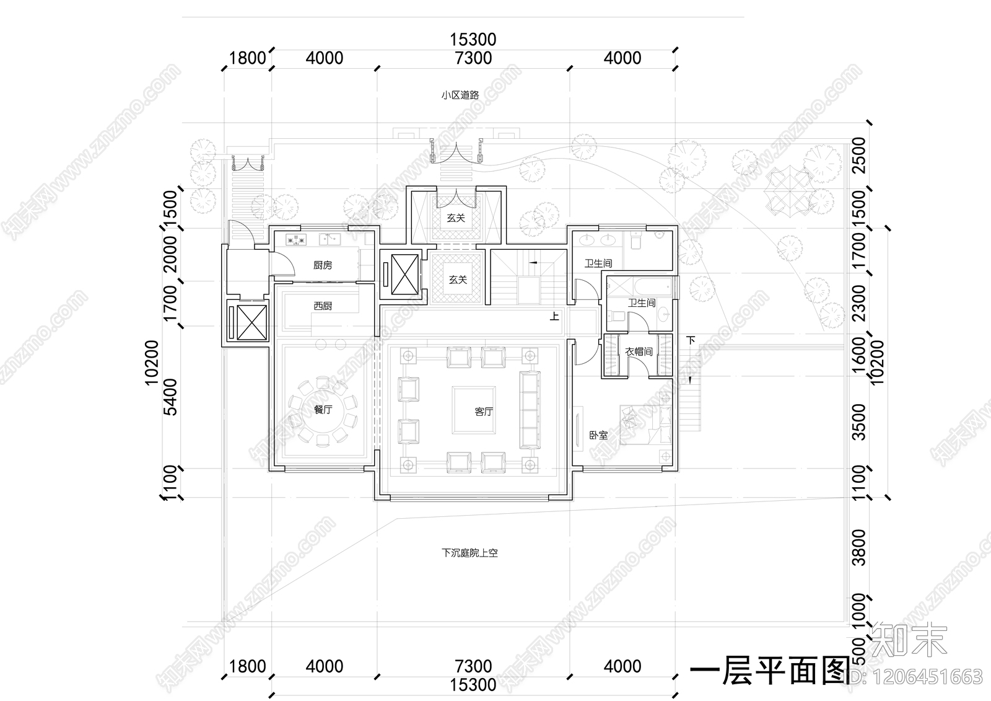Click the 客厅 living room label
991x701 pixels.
pos(484,412)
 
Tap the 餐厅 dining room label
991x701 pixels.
pos(323,409)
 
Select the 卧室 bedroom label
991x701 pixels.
pos(598,435)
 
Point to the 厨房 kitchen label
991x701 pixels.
pos(322,265)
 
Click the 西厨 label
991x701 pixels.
pos(322,306)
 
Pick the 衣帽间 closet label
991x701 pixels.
pos(639,352)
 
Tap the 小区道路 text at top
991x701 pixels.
pos(460,95)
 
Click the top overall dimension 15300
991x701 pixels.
pos(473,40)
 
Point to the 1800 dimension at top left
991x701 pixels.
pos(247,58)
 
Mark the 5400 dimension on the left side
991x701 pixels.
pos(171,397)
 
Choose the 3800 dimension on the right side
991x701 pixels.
pos(858,547)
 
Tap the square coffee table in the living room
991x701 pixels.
pos(474,409)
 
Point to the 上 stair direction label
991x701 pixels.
pos(554,317)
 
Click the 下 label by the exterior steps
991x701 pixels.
pos(691,340)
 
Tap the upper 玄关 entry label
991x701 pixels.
pos(456,218)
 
